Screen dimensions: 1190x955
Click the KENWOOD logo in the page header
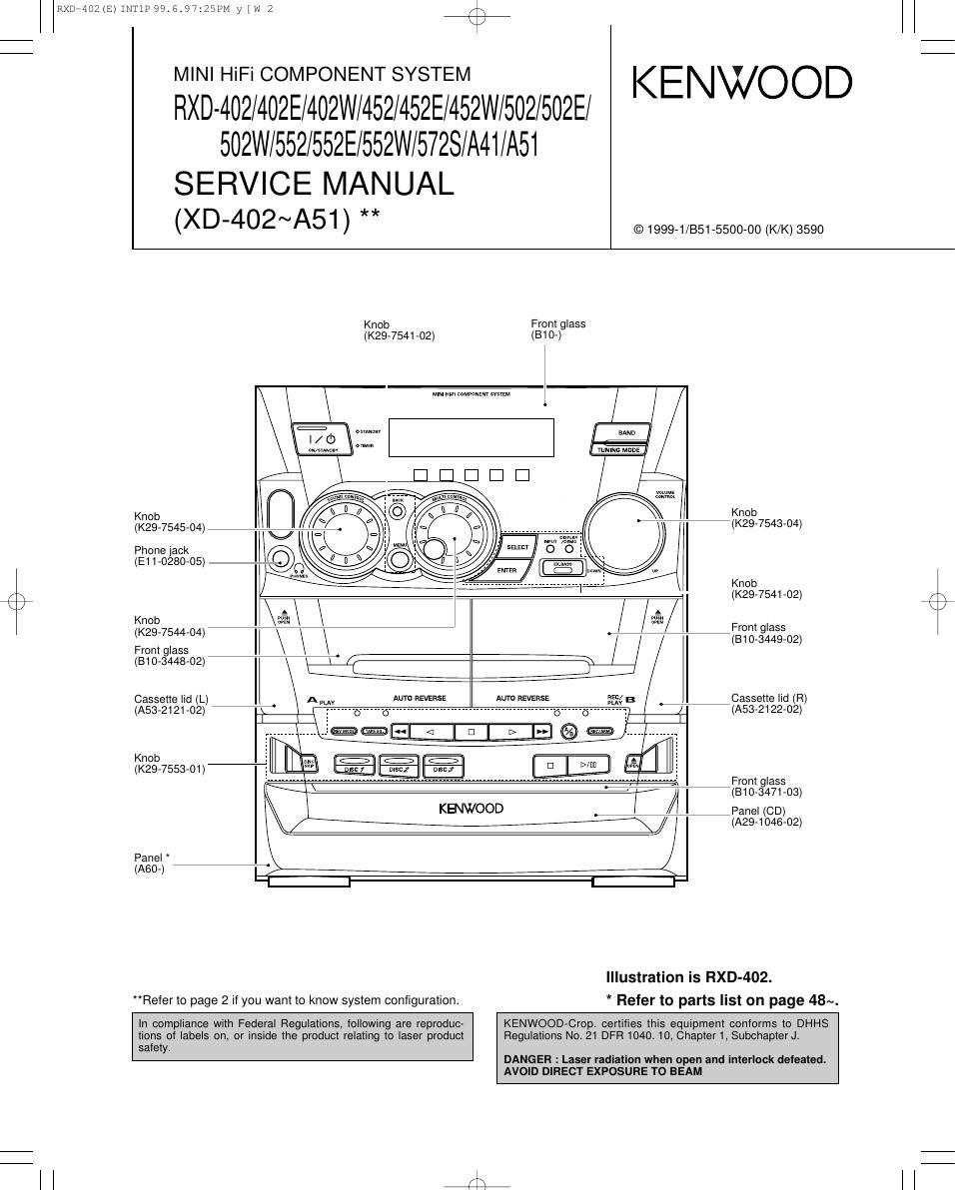741,83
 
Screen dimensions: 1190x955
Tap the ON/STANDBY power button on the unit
322,438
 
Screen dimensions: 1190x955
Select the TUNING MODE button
620,449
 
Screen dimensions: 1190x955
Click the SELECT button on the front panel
516,547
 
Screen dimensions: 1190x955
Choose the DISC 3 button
444,768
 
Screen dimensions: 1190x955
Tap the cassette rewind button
401,732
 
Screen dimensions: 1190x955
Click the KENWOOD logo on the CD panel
471,808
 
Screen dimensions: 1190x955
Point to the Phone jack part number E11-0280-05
170,562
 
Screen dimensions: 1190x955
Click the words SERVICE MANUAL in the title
314,184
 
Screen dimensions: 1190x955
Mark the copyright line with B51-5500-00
728,230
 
